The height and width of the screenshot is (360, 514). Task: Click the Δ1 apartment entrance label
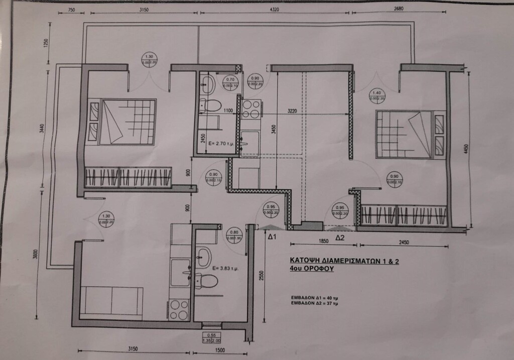point(272,236)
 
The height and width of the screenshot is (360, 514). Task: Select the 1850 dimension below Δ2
point(323,242)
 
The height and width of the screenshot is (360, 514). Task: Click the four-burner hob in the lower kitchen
point(178,309)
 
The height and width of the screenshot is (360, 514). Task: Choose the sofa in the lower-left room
point(111,300)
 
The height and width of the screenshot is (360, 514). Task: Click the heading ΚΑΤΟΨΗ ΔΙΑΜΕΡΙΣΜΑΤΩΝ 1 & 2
point(344,261)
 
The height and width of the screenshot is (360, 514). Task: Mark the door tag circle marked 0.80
point(234,235)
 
